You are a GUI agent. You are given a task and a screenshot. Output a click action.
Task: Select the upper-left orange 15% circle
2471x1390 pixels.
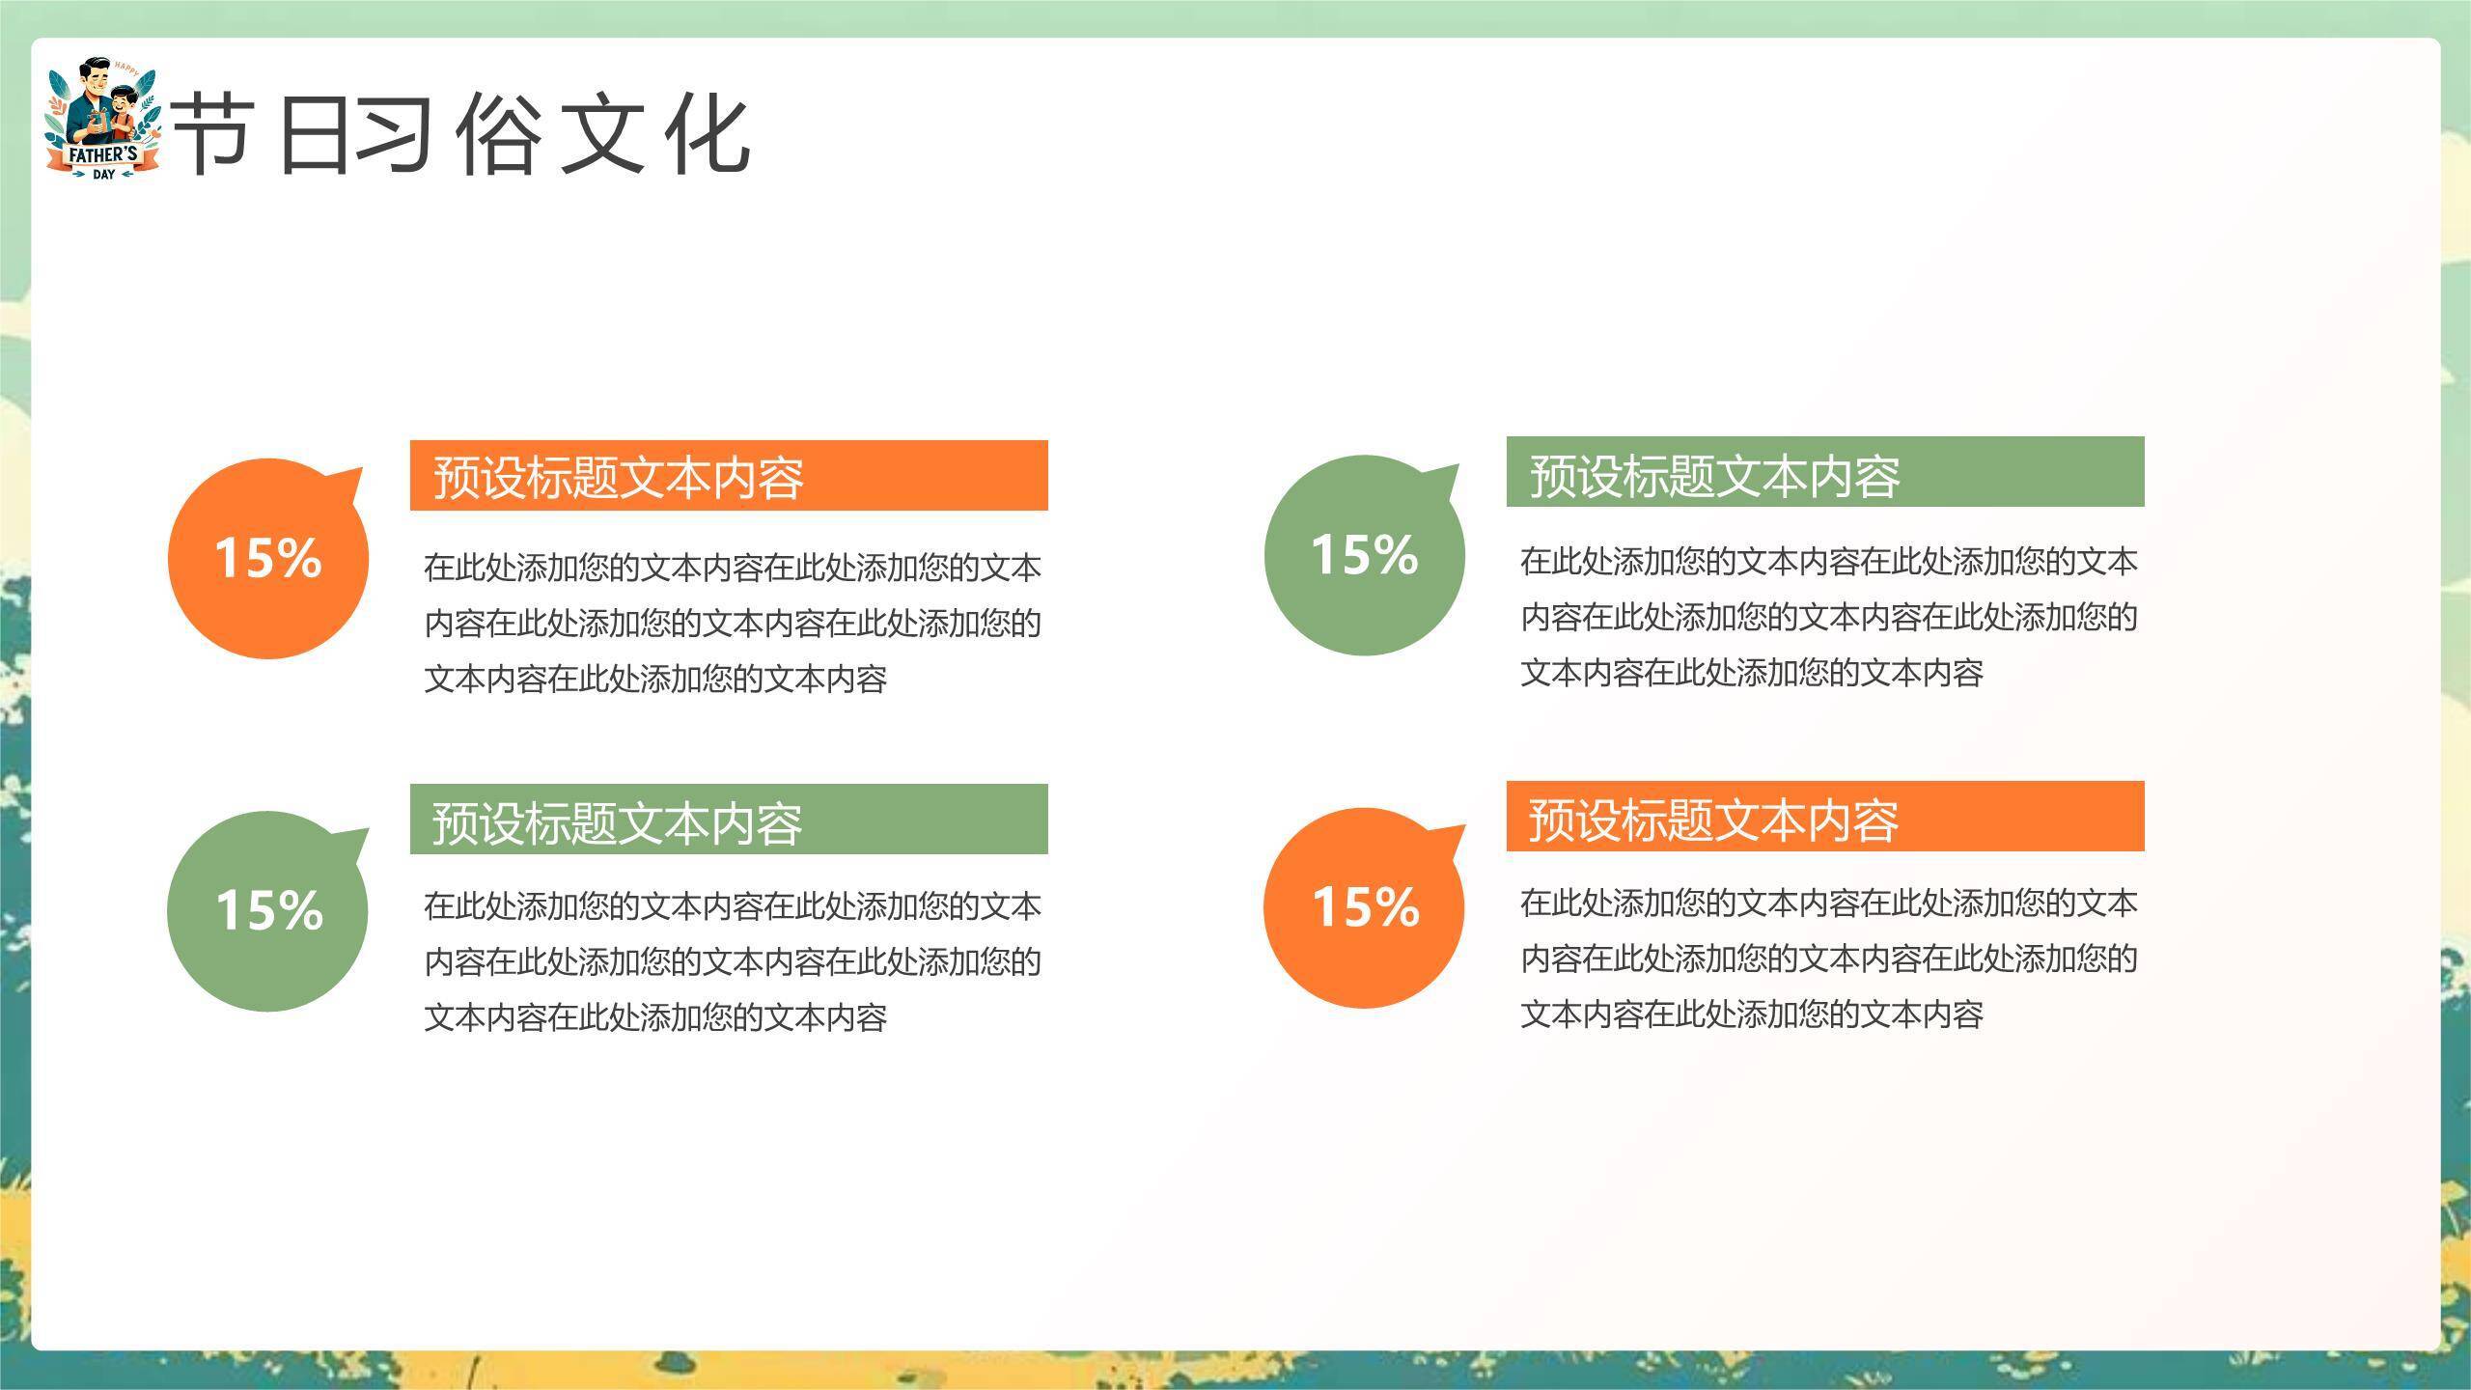pyautogui.click(x=268, y=559)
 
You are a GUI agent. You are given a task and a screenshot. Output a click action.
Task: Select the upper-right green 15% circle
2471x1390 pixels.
pyautogui.click(x=1364, y=556)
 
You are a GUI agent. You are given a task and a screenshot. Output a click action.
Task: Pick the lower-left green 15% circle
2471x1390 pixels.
pyautogui.click(x=267, y=911)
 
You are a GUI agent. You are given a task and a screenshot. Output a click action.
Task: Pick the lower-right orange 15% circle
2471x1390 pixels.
pyautogui.click(x=1364, y=908)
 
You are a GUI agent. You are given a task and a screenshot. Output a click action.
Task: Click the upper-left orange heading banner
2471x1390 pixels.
pyautogui.click(x=729, y=476)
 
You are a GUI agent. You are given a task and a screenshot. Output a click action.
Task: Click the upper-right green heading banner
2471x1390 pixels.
pyautogui.click(x=1824, y=472)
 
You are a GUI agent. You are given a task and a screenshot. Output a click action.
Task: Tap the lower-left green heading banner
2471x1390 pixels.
pyautogui.click(x=729, y=820)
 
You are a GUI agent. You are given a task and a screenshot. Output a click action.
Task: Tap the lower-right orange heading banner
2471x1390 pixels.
pyautogui.click(x=1824, y=817)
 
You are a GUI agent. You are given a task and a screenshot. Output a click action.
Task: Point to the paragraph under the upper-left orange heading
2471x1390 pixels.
pyautogui.click(x=732, y=624)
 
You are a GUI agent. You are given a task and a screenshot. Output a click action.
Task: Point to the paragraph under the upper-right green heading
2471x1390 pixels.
pyautogui.click(x=1828, y=617)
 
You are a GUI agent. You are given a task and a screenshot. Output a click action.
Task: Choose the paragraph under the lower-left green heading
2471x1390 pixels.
pyautogui.click(x=732, y=961)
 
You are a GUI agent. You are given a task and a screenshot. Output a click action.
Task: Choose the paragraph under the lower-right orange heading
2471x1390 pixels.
pyautogui.click(x=1828, y=959)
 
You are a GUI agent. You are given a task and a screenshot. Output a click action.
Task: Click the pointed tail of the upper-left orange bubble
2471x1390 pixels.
pyautogui.click(x=349, y=482)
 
